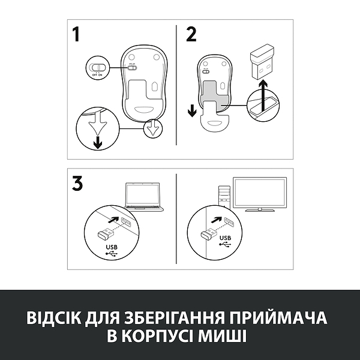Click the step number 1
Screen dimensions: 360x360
76,35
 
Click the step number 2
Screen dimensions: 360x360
191,35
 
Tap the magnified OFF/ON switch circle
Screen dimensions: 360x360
97,68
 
